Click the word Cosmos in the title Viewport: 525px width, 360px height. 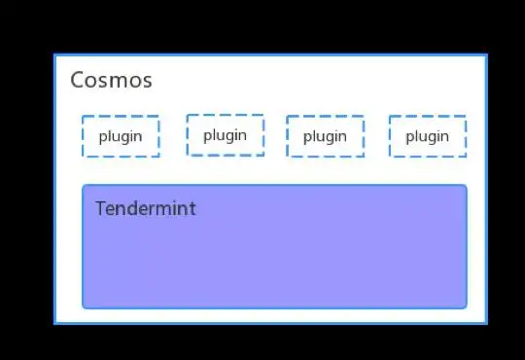click(111, 80)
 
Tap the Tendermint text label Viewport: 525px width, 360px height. click(145, 208)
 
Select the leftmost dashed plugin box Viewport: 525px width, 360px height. click(121, 136)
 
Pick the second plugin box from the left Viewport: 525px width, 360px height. click(225, 135)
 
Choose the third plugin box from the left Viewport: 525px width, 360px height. click(325, 136)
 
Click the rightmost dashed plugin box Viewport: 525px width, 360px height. click(427, 136)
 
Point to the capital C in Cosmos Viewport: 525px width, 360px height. click(78, 80)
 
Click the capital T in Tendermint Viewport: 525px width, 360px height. click(100, 208)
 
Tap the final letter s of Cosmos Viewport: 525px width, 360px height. click(147, 81)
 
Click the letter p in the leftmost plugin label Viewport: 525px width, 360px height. click(103, 138)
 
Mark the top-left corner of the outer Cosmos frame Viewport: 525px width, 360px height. click(54, 55)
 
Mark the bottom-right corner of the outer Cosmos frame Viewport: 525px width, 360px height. click(485, 322)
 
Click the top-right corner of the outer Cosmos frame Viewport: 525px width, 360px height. click(485, 55)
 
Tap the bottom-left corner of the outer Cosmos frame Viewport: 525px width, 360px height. click(54, 322)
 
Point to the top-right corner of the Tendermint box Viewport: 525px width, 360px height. click(466, 186)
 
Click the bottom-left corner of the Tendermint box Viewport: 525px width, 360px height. click(84, 306)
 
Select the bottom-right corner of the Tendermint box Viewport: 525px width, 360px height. click(466, 306)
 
